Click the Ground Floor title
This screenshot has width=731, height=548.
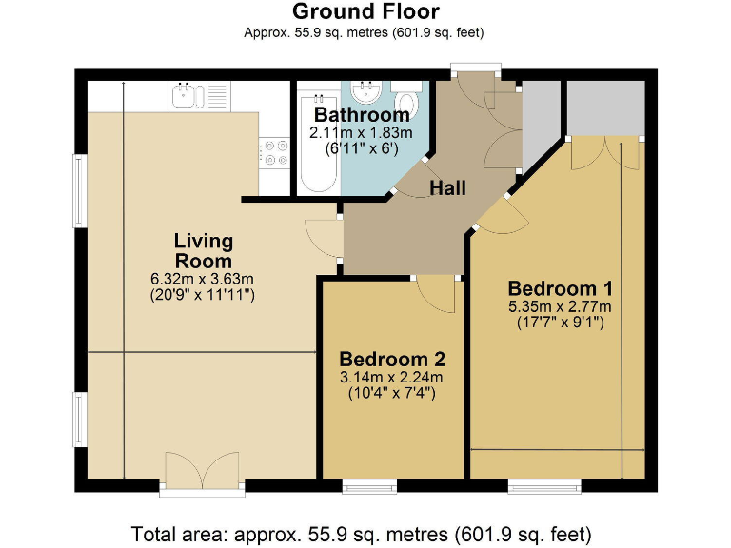pos(365,12)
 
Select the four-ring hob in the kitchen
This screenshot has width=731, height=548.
pos(276,152)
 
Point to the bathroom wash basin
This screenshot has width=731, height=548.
pos(365,92)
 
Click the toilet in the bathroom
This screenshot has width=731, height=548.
pos(408,100)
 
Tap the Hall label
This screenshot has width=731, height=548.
pos(447,188)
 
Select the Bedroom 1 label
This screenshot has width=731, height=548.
pos(560,288)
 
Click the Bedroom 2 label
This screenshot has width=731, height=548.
pos(392,360)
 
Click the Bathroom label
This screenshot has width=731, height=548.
pos(368,116)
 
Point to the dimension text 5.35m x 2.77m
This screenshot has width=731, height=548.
pos(560,306)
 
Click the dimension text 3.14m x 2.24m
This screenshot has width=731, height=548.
pos(392,377)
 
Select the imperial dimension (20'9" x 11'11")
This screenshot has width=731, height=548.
pos(203,295)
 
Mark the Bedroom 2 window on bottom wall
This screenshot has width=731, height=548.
pos(369,486)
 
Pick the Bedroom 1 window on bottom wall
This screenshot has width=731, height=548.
pos(534,486)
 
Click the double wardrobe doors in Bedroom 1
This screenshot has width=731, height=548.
pos(604,152)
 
